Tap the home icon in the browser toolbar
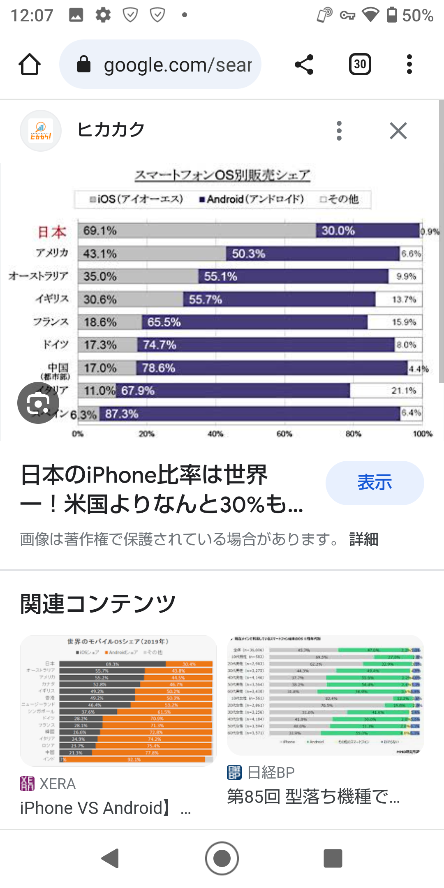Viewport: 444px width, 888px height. coord(30,65)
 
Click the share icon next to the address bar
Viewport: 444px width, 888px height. coord(304,65)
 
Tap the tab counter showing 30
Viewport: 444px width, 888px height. coord(360,65)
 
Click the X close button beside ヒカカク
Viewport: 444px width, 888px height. coord(398,131)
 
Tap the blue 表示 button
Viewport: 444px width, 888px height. coord(375,483)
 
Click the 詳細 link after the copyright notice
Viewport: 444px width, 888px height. coord(363,539)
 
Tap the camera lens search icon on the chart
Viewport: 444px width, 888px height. coord(38,403)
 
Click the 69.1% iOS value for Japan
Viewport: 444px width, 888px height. coord(100,231)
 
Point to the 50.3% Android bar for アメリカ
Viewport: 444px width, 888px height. coord(312,254)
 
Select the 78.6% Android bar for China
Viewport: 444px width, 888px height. coord(271,368)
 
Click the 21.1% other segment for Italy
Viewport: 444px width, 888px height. coord(404,391)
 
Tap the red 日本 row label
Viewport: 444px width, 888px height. coord(52,232)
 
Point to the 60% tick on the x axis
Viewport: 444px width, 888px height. coord(284,434)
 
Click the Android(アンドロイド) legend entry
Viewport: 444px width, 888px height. coord(252,199)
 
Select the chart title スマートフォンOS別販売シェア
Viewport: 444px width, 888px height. coord(222,175)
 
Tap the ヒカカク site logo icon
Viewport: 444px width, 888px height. coord(41,131)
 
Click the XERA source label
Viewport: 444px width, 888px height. coord(57,784)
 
